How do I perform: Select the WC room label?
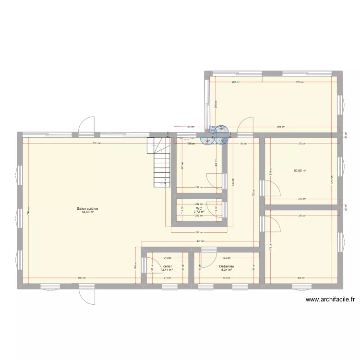(x=199, y=208)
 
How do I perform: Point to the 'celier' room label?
(x=167, y=266)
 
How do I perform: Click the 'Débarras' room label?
(x=226, y=266)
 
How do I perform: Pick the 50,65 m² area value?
(x=300, y=170)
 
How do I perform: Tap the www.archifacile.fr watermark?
(x=330, y=300)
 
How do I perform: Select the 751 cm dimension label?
(x=96, y=144)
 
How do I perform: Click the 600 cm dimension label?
(x=82, y=278)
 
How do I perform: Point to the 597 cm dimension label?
(x=201, y=241)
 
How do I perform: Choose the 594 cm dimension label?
(x=280, y=127)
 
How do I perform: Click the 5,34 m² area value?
(x=226, y=270)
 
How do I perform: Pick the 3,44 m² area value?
(x=167, y=270)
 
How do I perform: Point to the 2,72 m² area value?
(x=199, y=212)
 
